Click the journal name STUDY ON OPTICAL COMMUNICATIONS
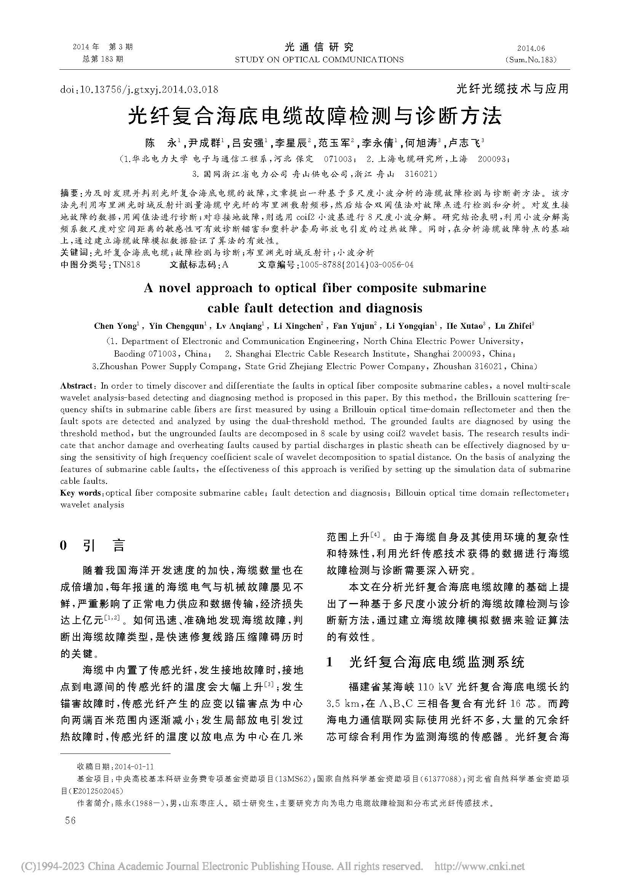point(319,60)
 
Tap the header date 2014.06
point(531,48)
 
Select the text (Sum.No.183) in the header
point(531,60)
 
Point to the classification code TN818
point(126,265)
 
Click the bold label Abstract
point(77,386)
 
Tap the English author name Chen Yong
point(115,326)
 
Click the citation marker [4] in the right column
point(376,535)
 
